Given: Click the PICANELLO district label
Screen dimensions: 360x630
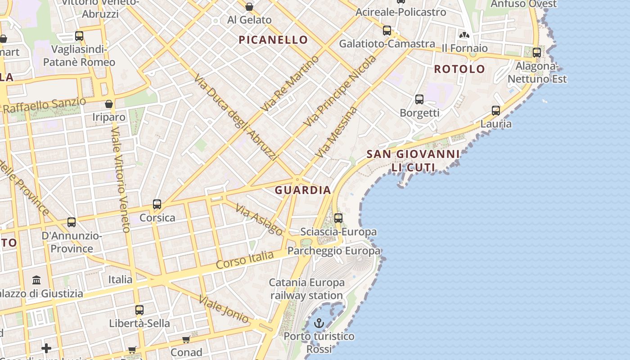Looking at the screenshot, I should pos(273,40).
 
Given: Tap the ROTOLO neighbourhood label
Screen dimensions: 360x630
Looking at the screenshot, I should pos(459,69).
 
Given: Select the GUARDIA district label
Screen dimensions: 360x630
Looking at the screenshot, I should pos(303,190).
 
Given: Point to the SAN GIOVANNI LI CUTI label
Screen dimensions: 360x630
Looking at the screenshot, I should pos(413,161).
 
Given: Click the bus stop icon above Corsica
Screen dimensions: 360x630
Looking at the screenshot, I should pos(157,204).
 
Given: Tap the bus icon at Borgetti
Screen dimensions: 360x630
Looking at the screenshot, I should pos(419,99).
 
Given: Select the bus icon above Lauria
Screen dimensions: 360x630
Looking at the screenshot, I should pos(496,111).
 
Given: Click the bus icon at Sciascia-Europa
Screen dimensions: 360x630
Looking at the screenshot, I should pos(338,218).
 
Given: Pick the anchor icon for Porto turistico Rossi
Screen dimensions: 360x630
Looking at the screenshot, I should pos(319,323).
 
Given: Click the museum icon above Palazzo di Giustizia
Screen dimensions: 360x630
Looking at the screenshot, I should pos(37,280).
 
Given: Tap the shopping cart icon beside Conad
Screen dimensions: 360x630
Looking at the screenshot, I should pos(186,339).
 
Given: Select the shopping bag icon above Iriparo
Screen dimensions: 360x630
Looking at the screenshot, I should pos(108,104).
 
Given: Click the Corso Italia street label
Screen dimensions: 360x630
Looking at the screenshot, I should pos(245,260).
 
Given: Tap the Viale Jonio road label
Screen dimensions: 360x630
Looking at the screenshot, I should pos(224,310).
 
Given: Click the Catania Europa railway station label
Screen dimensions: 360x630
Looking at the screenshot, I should pos(307,289).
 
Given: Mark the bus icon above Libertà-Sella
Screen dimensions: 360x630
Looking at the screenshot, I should pos(139,310).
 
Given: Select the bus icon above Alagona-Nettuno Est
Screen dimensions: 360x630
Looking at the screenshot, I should pos(536,53).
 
